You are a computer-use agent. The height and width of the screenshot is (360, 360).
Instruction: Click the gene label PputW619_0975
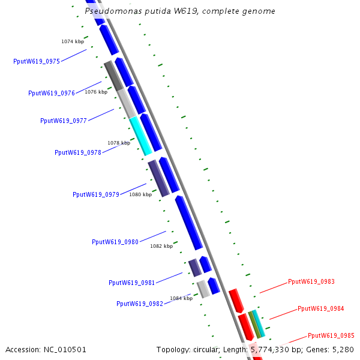click(37, 61)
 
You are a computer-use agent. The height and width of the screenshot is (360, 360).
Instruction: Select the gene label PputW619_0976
click(52, 93)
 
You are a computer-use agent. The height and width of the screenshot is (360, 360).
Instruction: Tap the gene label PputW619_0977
click(64, 121)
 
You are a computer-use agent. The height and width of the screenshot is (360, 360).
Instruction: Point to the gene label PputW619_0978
click(78, 152)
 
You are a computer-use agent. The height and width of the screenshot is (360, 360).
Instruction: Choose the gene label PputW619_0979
click(96, 194)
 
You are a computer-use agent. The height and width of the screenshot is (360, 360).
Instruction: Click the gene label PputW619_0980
click(115, 242)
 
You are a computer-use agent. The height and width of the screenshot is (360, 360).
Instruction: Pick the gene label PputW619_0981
click(132, 283)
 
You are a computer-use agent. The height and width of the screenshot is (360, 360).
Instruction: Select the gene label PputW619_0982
click(140, 304)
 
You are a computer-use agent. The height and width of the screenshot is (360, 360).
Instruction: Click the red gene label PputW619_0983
click(311, 281)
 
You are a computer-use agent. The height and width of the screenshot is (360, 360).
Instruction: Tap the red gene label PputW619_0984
click(321, 308)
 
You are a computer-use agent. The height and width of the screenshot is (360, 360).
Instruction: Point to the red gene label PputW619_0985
click(331, 335)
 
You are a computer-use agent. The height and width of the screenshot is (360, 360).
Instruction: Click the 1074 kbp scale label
click(73, 41)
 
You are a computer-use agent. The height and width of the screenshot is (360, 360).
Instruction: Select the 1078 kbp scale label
click(119, 143)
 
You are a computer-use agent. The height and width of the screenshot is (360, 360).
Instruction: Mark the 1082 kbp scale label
click(161, 246)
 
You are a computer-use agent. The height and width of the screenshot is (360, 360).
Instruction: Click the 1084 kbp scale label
click(181, 298)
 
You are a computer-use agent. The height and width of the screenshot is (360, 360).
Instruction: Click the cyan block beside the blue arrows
click(141, 136)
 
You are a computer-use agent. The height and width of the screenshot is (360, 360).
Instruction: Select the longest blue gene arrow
click(189, 223)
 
